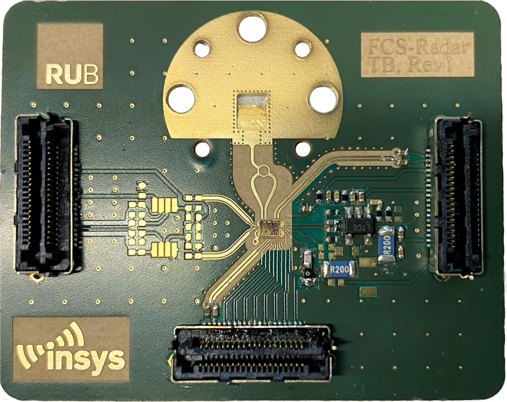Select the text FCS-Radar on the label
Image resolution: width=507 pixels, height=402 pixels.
pyautogui.click(x=418, y=48)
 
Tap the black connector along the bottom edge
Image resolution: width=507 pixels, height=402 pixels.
pyautogui.click(x=252, y=353)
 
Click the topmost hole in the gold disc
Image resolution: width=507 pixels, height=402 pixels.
pyautogui.click(x=252, y=28)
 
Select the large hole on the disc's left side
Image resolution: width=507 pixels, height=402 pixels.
pyautogui.click(x=180, y=99)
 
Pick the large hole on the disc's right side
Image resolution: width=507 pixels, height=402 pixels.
pyautogui.click(x=323, y=99)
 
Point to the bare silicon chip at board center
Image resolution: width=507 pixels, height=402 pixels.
pyautogui.click(x=269, y=227)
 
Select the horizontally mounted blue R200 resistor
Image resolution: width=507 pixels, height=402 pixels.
pyautogui.click(x=340, y=269)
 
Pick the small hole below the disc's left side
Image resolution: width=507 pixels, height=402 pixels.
pyautogui.click(x=202, y=149)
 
